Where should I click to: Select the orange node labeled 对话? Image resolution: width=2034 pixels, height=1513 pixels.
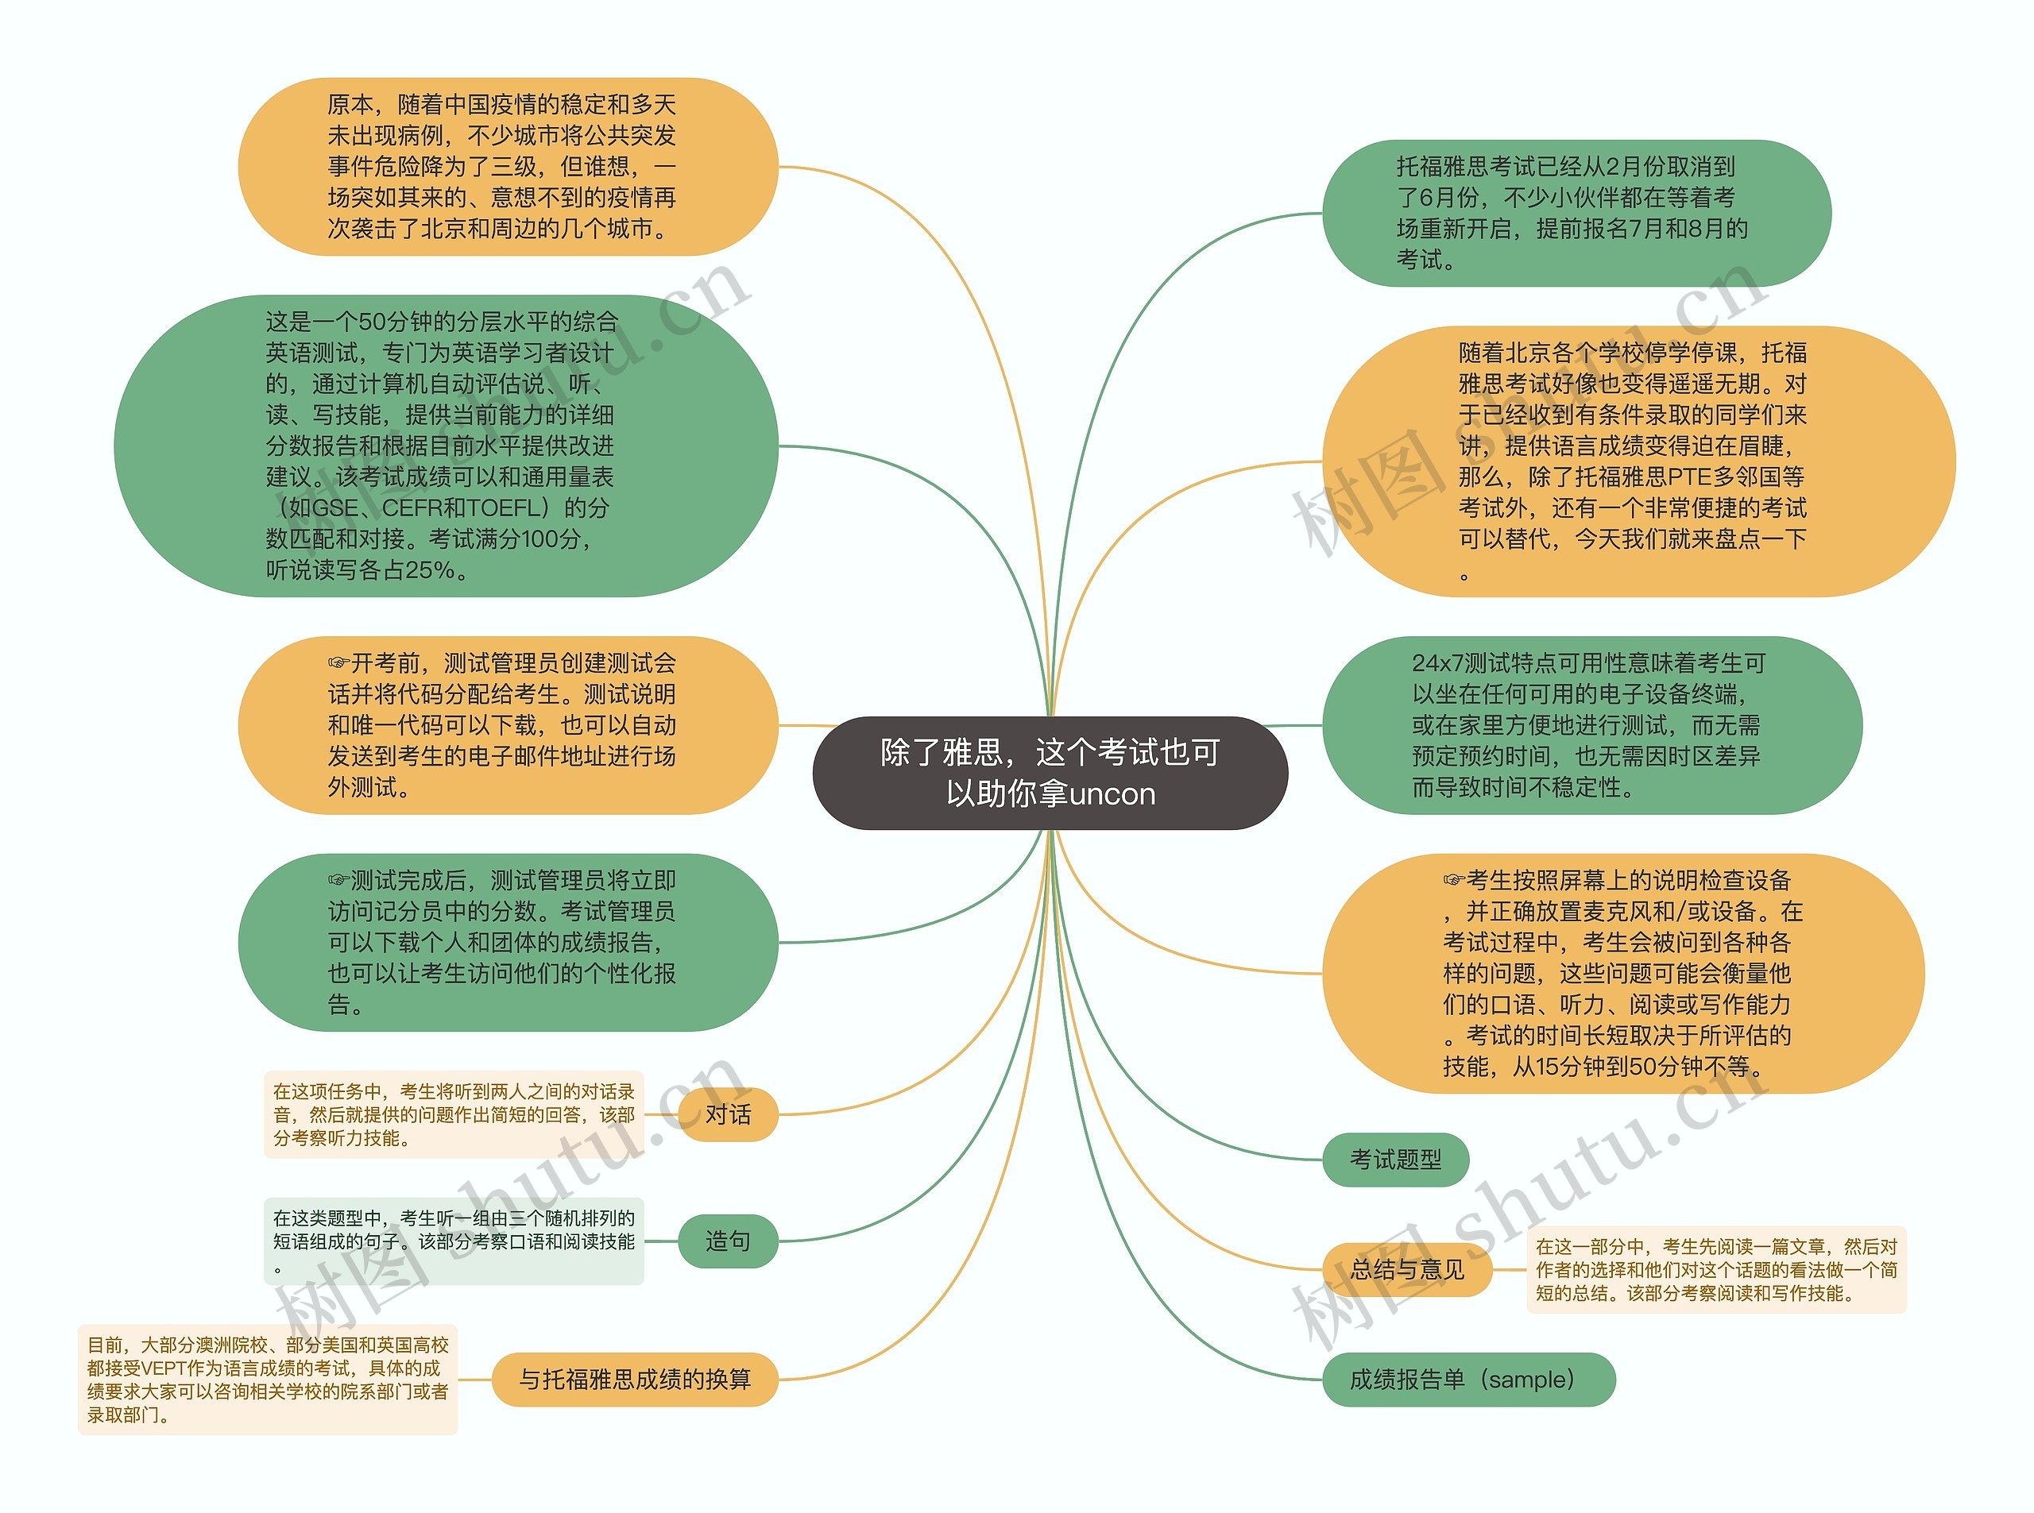pos(728,1114)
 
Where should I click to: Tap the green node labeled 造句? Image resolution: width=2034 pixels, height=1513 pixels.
pos(728,1241)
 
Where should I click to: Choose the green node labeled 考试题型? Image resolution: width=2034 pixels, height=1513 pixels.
pos(1394,1160)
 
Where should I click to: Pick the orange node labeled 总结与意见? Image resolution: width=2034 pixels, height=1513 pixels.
pos(1406,1269)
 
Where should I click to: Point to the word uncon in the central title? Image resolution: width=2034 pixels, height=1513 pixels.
pos(1112,794)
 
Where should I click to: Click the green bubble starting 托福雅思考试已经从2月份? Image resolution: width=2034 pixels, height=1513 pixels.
pos(1576,214)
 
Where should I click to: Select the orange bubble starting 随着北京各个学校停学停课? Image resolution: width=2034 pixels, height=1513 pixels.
pos(1638,461)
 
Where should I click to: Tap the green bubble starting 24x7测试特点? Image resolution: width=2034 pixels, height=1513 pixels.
pos(1591,724)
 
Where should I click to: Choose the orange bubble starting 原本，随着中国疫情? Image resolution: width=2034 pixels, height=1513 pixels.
pos(508,167)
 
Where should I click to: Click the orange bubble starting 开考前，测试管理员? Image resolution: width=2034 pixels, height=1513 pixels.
pos(508,724)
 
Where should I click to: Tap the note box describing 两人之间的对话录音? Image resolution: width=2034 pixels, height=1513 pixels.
pos(454,1114)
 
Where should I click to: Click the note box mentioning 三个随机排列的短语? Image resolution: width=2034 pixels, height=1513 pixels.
pos(454,1241)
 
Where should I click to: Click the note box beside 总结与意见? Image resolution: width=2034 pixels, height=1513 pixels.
pos(1715,1269)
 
